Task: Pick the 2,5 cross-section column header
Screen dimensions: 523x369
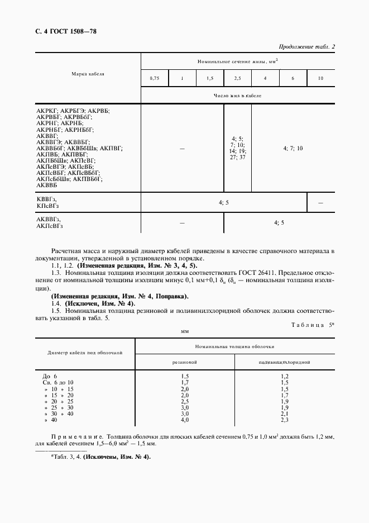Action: coord(237,79)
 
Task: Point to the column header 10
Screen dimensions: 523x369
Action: coord(320,79)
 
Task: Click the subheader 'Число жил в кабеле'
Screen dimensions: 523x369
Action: coord(237,96)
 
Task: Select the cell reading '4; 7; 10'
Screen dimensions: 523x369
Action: coord(293,148)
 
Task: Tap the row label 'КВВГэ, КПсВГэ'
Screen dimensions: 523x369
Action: coord(47,203)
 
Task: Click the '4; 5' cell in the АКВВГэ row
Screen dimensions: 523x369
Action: coord(279,223)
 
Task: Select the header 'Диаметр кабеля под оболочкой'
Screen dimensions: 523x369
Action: coord(85,353)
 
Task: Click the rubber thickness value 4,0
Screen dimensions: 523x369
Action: coord(185,420)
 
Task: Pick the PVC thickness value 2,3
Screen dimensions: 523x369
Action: coord(284,420)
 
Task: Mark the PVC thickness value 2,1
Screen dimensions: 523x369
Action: coord(284,413)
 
